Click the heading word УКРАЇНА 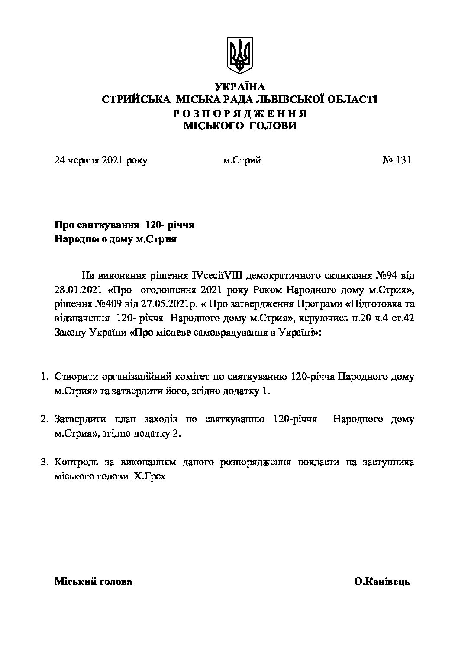tap(239, 86)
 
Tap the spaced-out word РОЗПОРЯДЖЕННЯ tap(240, 114)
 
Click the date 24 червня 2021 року tap(101, 160)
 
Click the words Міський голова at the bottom tap(93, 582)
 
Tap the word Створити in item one tap(77, 377)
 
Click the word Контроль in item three tap(77, 462)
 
